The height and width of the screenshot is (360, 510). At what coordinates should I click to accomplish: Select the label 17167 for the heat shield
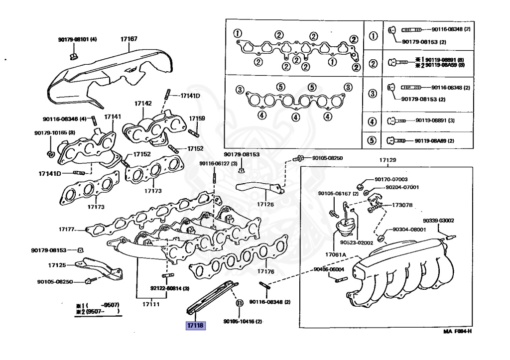click(x=129, y=39)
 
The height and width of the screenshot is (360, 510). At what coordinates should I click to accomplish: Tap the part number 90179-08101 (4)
click(x=77, y=39)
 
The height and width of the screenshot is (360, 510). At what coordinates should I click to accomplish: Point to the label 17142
click(x=142, y=104)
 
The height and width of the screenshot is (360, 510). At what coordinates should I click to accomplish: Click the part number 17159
click(x=197, y=119)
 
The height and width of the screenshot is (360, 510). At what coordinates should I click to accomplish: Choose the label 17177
click(x=66, y=230)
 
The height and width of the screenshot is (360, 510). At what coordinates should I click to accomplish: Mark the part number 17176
click(x=266, y=271)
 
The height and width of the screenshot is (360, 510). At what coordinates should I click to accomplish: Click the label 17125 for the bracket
click(x=57, y=265)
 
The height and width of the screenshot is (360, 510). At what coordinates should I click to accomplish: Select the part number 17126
click(x=265, y=204)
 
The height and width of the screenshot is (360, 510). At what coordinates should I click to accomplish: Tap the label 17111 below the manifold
click(x=150, y=304)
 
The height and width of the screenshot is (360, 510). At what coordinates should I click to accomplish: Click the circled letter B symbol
click(x=239, y=303)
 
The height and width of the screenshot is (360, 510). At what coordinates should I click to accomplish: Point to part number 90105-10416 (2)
click(x=243, y=322)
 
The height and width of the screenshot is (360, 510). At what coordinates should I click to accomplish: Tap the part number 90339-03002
click(x=438, y=220)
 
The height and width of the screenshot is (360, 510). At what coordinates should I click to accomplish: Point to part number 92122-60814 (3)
click(x=170, y=288)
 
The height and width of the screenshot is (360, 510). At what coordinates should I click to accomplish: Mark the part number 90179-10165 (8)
click(x=55, y=133)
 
